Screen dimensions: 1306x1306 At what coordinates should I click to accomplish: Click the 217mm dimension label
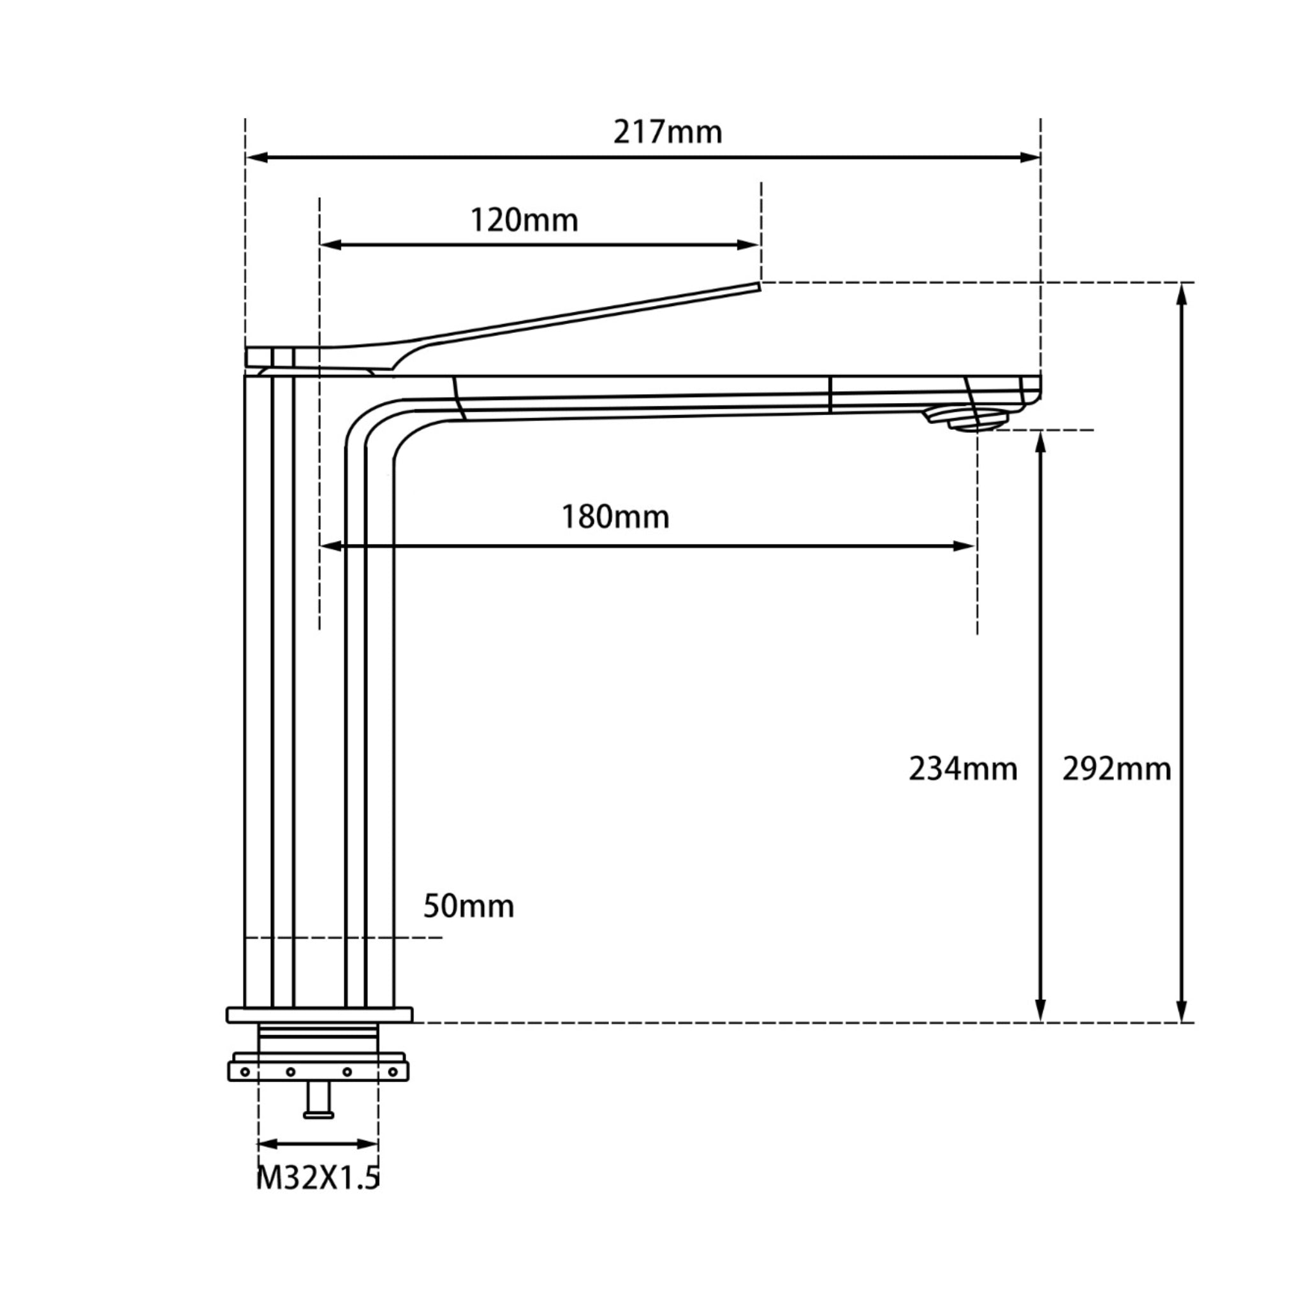668,133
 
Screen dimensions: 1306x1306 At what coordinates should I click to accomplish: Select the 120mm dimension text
525,221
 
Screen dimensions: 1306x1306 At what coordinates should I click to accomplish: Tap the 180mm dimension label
616,518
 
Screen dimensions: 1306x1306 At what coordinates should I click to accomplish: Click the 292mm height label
1117,770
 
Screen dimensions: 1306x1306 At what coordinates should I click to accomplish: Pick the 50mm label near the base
469,907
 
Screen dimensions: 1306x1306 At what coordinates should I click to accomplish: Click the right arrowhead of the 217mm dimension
1031,158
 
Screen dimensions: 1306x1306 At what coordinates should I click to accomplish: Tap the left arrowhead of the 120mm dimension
330,245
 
